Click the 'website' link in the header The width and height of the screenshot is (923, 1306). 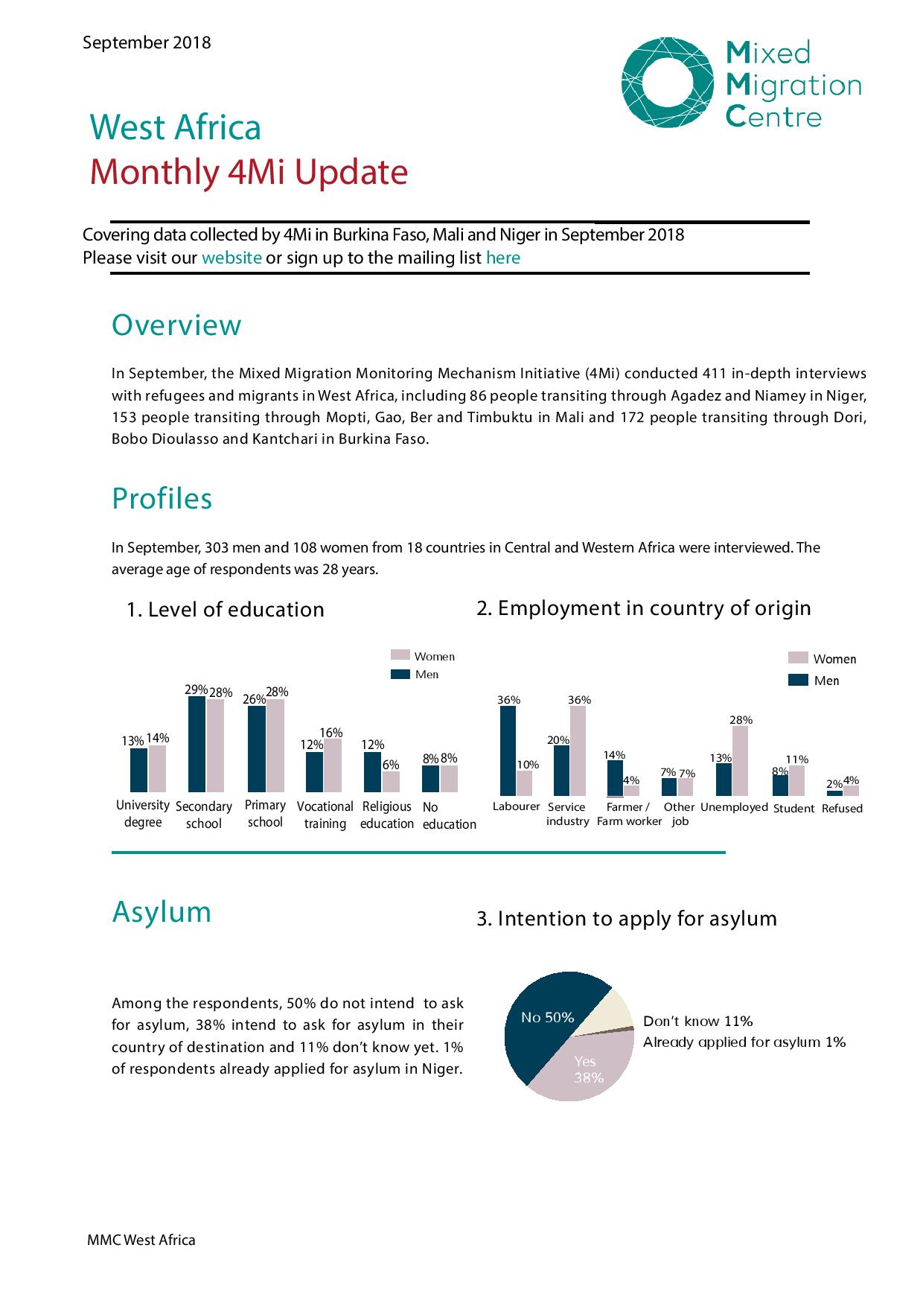pyautogui.click(x=231, y=258)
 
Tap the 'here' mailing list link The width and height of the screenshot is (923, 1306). pyautogui.click(x=502, y=258)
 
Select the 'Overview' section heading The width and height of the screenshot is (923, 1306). pyautogui.click(x=176, y=325)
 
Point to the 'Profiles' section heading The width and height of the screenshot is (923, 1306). pyautogui.click(x=162, y=498)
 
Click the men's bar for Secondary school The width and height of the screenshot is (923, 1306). pyautogui.click(x=197, y=744)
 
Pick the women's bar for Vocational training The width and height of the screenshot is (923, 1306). pyautogui.click(x=332, y=765)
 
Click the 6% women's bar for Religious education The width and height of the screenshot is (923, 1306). pyautogui.click(x=391, y=781)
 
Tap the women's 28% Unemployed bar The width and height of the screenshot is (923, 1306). pyautogui.click(x=741, y=760)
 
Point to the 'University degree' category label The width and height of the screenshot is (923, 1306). pyautogui.click(x=143, y=814)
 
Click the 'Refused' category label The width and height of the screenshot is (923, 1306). pyautogui.click(x=842, y=809)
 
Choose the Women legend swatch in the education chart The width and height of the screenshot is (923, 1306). pyautogui.click(x=400, y=655)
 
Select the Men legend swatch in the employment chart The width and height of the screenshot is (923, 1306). pyautogui.click(x=798, y=680)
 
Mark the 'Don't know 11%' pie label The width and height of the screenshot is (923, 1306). pyautogui.click(x=697, y=1021)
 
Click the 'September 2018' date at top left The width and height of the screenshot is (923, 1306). pyautogui.click(x=147, y=42)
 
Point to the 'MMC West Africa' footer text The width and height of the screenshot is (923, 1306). pyautogui.click(x=141, y=1240)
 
